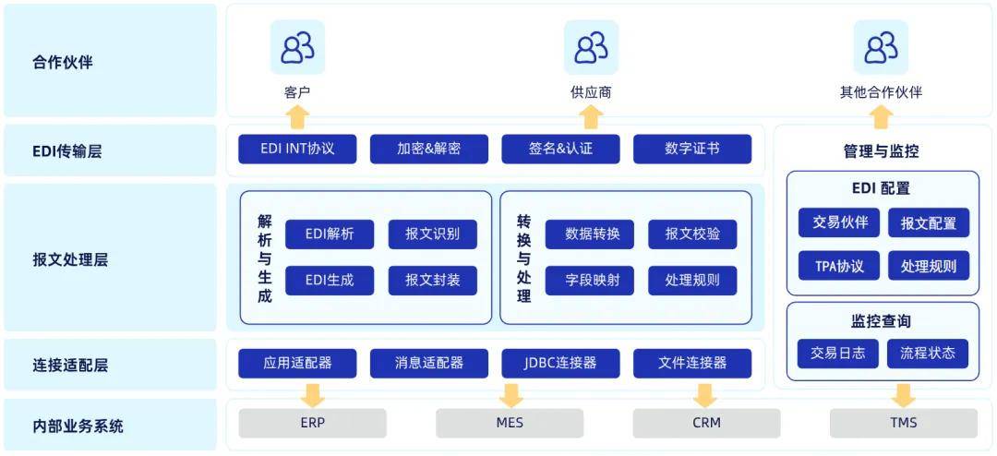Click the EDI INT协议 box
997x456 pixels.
click(x=297, y=149)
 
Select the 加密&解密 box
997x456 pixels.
click(x=428, y=149)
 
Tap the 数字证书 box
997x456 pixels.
click(x=691, y=149)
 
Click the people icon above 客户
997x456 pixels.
click(x=297, y=47)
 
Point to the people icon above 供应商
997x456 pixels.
click(x=591, y=47)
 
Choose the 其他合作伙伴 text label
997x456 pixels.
click(x=881, y=92)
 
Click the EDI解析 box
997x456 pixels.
click(x=330, y=234)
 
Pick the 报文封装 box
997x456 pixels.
click(x=432, y=280)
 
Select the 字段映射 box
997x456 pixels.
click(x=592, y=280)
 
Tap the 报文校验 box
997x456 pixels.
click(x=692, y=234)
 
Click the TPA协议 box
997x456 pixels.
click(x=839, y=267)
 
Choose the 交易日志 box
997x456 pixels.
click(x=837, y=353)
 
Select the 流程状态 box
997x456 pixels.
click(x=928, y=353)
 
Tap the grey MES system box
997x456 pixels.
click(x=509, y=423)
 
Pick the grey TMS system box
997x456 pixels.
click(x=903, y=423)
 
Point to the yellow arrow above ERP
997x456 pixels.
click(x=313, y=394)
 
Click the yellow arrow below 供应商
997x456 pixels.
click(x=591, y=116)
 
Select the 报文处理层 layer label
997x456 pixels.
click(x=70, y=259)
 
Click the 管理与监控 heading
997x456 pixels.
click(x=881, y=150)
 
